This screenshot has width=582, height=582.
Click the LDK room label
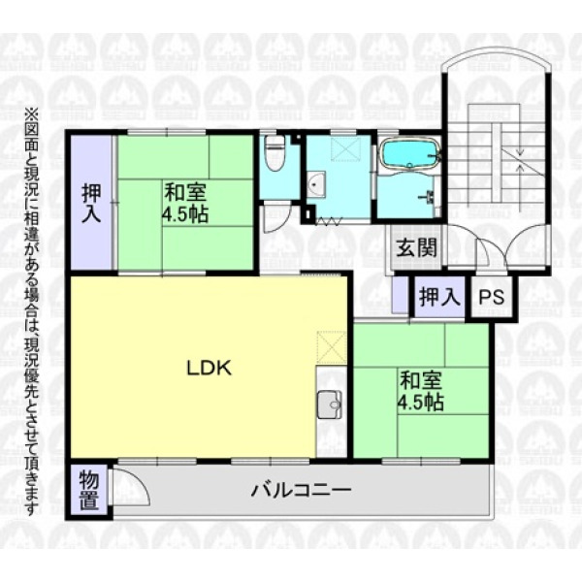(209, 368)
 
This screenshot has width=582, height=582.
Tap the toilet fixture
(275, 153)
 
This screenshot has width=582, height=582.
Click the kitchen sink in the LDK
(330, 404)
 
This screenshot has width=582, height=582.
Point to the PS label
(492, 297)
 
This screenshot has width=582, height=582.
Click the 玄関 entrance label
(416, 247)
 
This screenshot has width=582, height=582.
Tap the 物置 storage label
(89, 490)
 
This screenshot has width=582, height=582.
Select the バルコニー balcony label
(301, 491)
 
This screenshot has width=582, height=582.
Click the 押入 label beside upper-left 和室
(91, 204)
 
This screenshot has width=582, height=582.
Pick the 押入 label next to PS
(439, 297)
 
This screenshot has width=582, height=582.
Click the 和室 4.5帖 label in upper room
(185, 203)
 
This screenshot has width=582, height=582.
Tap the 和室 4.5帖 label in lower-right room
(421, 391)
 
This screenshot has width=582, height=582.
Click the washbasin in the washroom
(316, 184)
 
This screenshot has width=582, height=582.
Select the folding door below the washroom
(328, 221)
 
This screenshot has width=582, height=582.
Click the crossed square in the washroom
(345, 148)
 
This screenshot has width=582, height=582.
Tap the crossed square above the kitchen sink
(332, 347)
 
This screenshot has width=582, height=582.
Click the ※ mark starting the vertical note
(29, 113)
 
